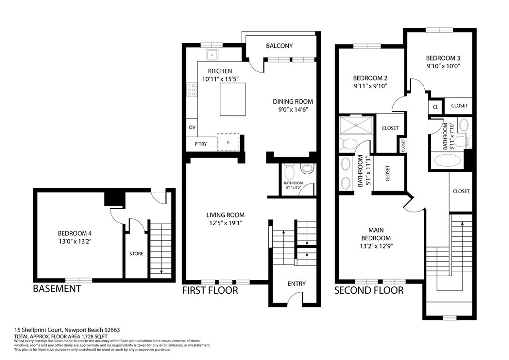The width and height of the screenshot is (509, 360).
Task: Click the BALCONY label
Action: coord(279,46)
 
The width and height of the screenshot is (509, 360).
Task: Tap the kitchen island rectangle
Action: coord(233,98)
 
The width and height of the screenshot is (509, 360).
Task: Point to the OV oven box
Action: coord(192,127)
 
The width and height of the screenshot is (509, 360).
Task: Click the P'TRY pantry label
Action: coord(200,144)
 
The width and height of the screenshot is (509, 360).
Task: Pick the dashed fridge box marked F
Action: coord(228,142)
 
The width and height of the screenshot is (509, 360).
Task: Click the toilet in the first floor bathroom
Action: coord(290,171)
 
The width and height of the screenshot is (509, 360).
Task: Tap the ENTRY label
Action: coord(297,284)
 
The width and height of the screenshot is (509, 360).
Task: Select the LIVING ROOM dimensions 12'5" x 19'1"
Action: coord(226,223)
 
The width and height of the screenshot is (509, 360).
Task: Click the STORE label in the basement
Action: coord(136,254)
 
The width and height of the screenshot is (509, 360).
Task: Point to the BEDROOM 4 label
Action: coord(75,233)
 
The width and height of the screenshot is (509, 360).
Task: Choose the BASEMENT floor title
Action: coord(57,289)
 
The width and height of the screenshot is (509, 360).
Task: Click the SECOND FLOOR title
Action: coord(368,290)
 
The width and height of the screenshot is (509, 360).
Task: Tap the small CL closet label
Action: coord(435,107)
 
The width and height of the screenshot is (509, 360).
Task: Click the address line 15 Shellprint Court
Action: coord(67,330)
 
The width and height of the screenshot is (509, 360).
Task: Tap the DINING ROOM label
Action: coord(293,101)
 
